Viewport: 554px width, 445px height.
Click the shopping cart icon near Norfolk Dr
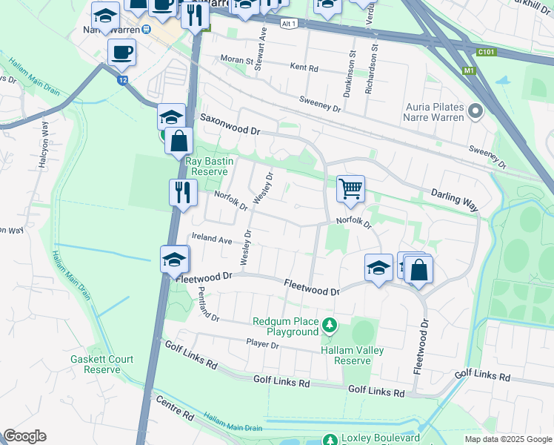click(350, 188)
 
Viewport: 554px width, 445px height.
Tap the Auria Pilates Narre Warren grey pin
click(475, 112)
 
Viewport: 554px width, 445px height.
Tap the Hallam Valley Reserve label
click(346, 355)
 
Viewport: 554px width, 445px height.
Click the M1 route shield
click(467, 70)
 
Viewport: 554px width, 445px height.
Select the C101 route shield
click(485, 52)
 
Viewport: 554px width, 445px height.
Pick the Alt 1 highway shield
click(290, 24)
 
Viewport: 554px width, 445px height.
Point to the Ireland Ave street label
click(211, 239)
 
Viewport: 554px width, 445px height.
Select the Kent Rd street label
click(304, 67)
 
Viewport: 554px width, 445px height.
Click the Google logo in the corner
click(24, 436)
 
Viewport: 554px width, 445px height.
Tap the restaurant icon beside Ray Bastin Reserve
click(182, 193)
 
